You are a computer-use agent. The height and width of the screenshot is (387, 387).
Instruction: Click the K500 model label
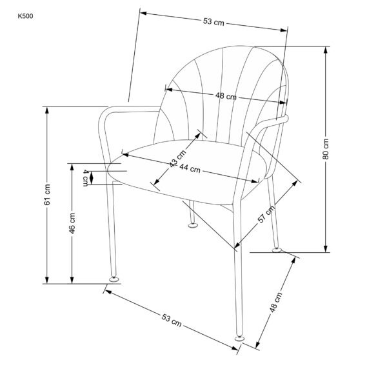pyautogui.click(x=25, y=16)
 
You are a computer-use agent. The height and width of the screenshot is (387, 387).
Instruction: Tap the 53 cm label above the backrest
pyautogui.click(x=213, y=22)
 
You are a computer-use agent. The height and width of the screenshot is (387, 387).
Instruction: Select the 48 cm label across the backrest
pyautogui.click(x=226, y=95)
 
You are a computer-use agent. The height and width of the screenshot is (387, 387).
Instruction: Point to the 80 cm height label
pyautogui.click(x=326, y=149)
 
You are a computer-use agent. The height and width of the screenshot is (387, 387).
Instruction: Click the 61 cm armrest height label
pyautogui.click(x=47, y=195)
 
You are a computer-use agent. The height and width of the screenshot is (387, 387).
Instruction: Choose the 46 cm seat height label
pyautogui.click(x=72, y=223)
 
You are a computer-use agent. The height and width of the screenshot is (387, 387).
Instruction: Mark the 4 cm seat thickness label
pyautogui.click(x=85, y=178)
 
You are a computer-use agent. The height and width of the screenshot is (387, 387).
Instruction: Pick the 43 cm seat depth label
pyautogui.click(x=178, y=158)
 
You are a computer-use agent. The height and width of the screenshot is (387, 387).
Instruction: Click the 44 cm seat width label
pyautogui.click(x=190, y=168)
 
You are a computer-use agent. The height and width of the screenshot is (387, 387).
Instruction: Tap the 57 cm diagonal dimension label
pyautogui.click(x=266, y=213)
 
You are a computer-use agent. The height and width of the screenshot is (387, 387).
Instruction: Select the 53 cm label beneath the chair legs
pyautogui.click(x=172, y=320)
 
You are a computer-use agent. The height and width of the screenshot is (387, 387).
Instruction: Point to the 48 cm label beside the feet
pyautogui.click(x=275, y=302)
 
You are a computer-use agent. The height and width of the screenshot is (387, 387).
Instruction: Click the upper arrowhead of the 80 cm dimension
pyautogui.click(x=326, y=50)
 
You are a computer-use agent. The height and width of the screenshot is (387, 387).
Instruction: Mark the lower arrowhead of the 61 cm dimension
pyautogui.click(x=47, y=280)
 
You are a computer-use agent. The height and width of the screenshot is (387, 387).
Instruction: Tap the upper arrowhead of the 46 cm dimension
pyautogui.click(x=72, y=167)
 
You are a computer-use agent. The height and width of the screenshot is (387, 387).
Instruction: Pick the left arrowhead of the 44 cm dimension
pyautogui.click(x=125, y=155)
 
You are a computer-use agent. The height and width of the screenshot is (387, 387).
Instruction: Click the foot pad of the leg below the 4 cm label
pyautogui.click(x=114, y=279)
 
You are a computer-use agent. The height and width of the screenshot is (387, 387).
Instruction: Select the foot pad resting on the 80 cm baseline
pyautogui.click(x=277, y=250)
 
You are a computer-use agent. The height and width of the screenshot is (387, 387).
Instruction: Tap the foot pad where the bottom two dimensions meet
pyautogui.click(x=239, y=339)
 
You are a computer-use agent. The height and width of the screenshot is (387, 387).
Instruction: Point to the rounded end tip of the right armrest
pyautogui.click(x=286, y=118)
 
